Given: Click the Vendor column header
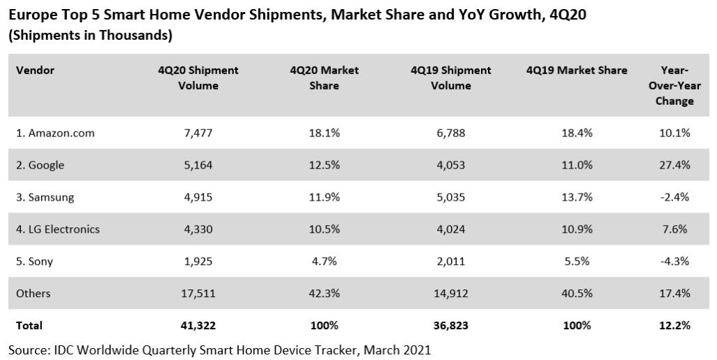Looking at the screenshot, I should (x=35, y=70).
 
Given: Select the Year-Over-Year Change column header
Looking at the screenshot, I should (x=674, y=85).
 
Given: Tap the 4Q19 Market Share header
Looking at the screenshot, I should (x=577, y=70).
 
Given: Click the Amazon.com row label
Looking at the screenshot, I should (x=55, y=133).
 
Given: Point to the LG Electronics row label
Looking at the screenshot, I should (x=58, y=229).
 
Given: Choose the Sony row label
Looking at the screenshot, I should (x=34, y=261).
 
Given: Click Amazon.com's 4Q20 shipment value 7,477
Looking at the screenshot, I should (x=198, y=133).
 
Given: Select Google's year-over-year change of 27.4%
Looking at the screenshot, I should (x=674, y=165).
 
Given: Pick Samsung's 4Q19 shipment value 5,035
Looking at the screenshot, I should (x=450, y=197).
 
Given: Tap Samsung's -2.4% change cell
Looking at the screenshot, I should (x=674, y=197).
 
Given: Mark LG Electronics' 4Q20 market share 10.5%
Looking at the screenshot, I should (x=324, y=229).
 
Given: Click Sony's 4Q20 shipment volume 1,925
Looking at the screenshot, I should (x=198, y=261).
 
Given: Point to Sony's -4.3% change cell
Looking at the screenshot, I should (x=674, y=261).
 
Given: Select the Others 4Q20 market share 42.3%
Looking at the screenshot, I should (x=324, y=294).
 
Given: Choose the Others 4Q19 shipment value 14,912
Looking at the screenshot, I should (x=450, y=294).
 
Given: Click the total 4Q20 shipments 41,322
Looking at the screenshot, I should (x=198, y=325).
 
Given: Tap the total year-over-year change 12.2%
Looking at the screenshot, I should (x=674, y=325).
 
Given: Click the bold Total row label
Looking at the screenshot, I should (x=29, y=325).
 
